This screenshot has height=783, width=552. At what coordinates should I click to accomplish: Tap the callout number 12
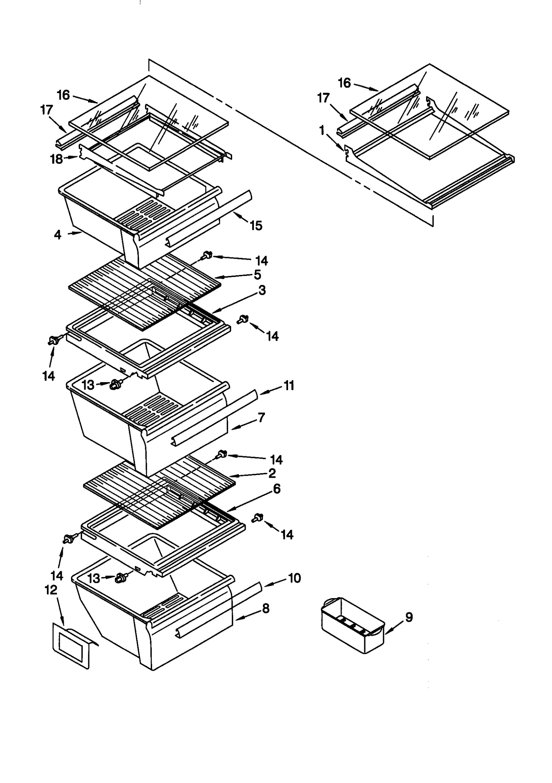point(51,590)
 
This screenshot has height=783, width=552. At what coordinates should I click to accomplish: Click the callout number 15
point(256,226)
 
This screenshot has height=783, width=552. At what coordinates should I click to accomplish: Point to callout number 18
point(57,159)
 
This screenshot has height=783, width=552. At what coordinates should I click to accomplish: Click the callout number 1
point(322,131)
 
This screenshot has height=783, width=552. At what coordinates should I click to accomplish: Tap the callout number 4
point(58,235)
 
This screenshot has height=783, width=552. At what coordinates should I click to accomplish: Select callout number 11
point(289,385)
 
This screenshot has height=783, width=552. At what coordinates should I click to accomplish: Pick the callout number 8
point(265,608)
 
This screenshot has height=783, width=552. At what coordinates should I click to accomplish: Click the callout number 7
point(261,417)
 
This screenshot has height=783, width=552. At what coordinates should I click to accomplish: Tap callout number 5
point(257,275)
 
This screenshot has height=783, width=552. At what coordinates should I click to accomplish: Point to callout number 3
point(262,290)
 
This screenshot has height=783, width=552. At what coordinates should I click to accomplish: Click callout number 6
point(276,489)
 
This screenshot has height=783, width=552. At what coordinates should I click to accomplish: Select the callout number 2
point(272,473)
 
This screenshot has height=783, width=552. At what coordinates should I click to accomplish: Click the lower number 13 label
point(93,578)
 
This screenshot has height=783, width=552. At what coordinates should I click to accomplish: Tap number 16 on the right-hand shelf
point(344,83)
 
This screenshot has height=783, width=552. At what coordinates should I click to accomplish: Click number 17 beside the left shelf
point(47,110)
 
